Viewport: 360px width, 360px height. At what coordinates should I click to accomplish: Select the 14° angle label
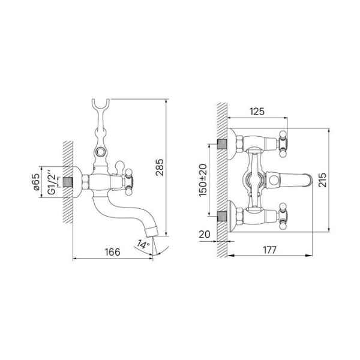(142, 244)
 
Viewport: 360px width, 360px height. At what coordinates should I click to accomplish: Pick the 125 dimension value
(257, 111)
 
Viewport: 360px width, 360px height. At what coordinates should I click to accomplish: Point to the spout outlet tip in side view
(154, 232)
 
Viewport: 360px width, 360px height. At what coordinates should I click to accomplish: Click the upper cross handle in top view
(282, 143)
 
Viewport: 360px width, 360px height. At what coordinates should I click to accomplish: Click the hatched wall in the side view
(67, 180)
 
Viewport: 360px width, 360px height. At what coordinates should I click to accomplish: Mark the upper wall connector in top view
(223, 144)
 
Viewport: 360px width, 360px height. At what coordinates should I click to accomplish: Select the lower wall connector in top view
(223, 215)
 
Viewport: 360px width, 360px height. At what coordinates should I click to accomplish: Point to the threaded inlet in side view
(76, 181)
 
